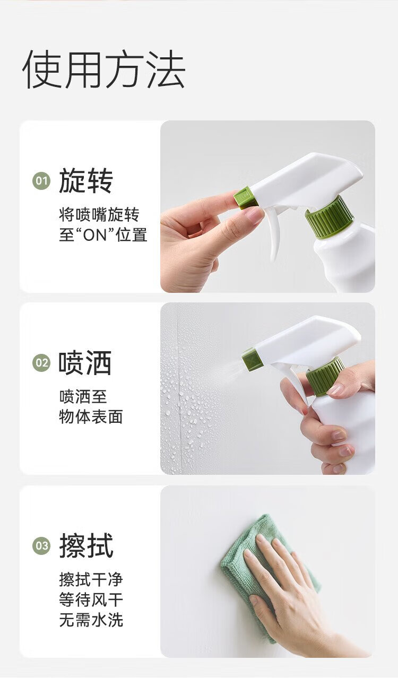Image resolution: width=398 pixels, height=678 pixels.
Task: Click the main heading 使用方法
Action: pyautogui.click(x=103, y=69)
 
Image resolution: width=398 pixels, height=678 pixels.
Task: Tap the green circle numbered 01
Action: pyautogui.click(x=41, y=181)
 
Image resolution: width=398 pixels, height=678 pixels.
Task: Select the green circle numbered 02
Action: pyautogui.click(x=41, y=363)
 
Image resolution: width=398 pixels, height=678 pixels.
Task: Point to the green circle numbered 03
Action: pyautogui.click(x=41, y=546)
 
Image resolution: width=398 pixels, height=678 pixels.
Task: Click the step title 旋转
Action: pyautogui.click(x=86, y=181)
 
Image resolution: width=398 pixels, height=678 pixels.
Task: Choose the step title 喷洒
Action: pyautogui.click(x=85, y=363)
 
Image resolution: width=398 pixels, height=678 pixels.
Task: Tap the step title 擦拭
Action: pyautogui.click(x=86, y=545)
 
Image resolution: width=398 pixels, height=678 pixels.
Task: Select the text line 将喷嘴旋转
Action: pyautogui.click(x=99, y=215)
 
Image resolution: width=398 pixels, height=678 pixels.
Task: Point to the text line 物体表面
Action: pyautogui.click(x=91, y=417)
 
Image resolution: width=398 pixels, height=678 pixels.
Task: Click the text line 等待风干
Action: pyautogui.click(x=91, y=599)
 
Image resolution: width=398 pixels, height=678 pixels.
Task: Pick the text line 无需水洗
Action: pyautogui.click(x=91, y=620)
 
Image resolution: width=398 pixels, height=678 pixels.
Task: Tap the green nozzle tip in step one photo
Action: pyautogui.click(x=244, y=198)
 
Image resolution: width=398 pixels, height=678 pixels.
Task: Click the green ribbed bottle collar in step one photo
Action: pyautogui.click(x=330, y=217)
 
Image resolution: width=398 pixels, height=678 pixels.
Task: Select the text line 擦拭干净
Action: pyautogui.click(x=91, y=580)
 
